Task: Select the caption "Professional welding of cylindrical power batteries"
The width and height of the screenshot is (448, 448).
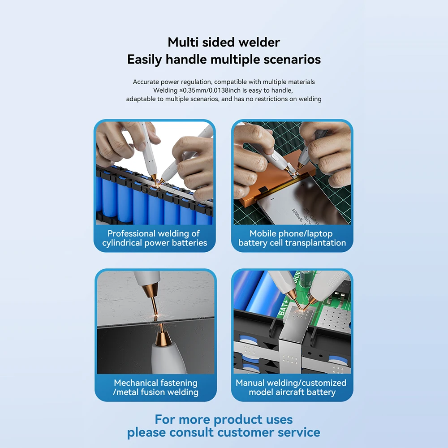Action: (155, 238)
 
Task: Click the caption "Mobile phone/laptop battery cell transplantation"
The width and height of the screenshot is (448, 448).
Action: (292, 238)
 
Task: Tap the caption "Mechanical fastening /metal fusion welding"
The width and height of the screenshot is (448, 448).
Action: (155, 388)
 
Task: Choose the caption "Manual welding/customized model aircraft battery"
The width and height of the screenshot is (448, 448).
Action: (291, 388)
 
